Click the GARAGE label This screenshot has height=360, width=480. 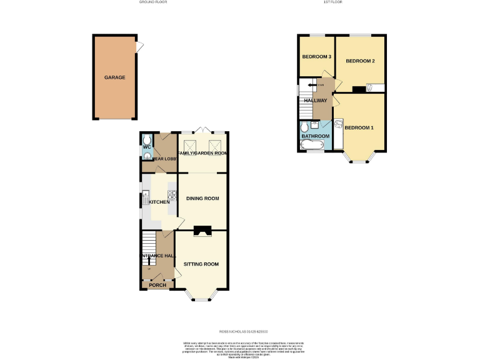point(114,77)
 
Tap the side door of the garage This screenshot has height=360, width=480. point(140,45)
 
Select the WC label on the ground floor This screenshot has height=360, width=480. point(147,147)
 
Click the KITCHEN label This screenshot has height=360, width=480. point(159,202)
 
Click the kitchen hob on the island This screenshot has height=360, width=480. point(170,195)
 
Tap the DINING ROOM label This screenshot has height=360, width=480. point(202,199)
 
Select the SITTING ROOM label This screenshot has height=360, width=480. point(201,264)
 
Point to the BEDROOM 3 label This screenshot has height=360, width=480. point(316,57)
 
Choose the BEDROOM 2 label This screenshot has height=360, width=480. point(360,61)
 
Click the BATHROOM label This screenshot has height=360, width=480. point(315,136)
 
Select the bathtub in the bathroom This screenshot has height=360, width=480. point(311,146)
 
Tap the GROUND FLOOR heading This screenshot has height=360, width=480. point(153,2)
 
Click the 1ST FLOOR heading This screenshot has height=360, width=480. point(332,2)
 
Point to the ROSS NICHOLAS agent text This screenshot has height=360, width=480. point(242,332)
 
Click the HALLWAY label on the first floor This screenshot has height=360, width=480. point(315,100)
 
